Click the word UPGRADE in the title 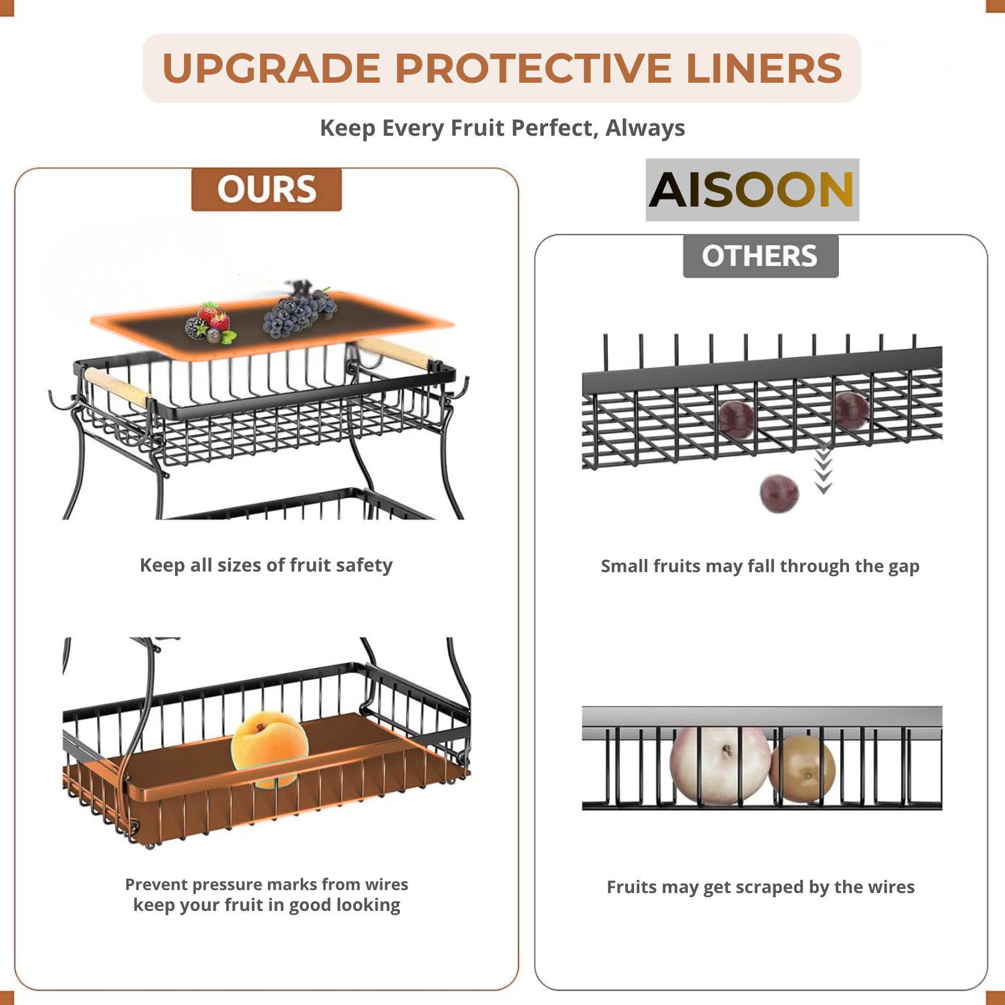[271, 68]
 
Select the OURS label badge [266, 189]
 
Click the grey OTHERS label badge [760, 256]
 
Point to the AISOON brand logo [752, 190]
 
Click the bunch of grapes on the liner [299, 311]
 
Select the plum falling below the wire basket [779, 493]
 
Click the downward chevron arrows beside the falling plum [823, 470]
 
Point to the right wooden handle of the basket [395, 352]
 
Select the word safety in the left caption [364, 565]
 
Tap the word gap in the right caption [903, 567]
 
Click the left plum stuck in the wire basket [736, 418]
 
